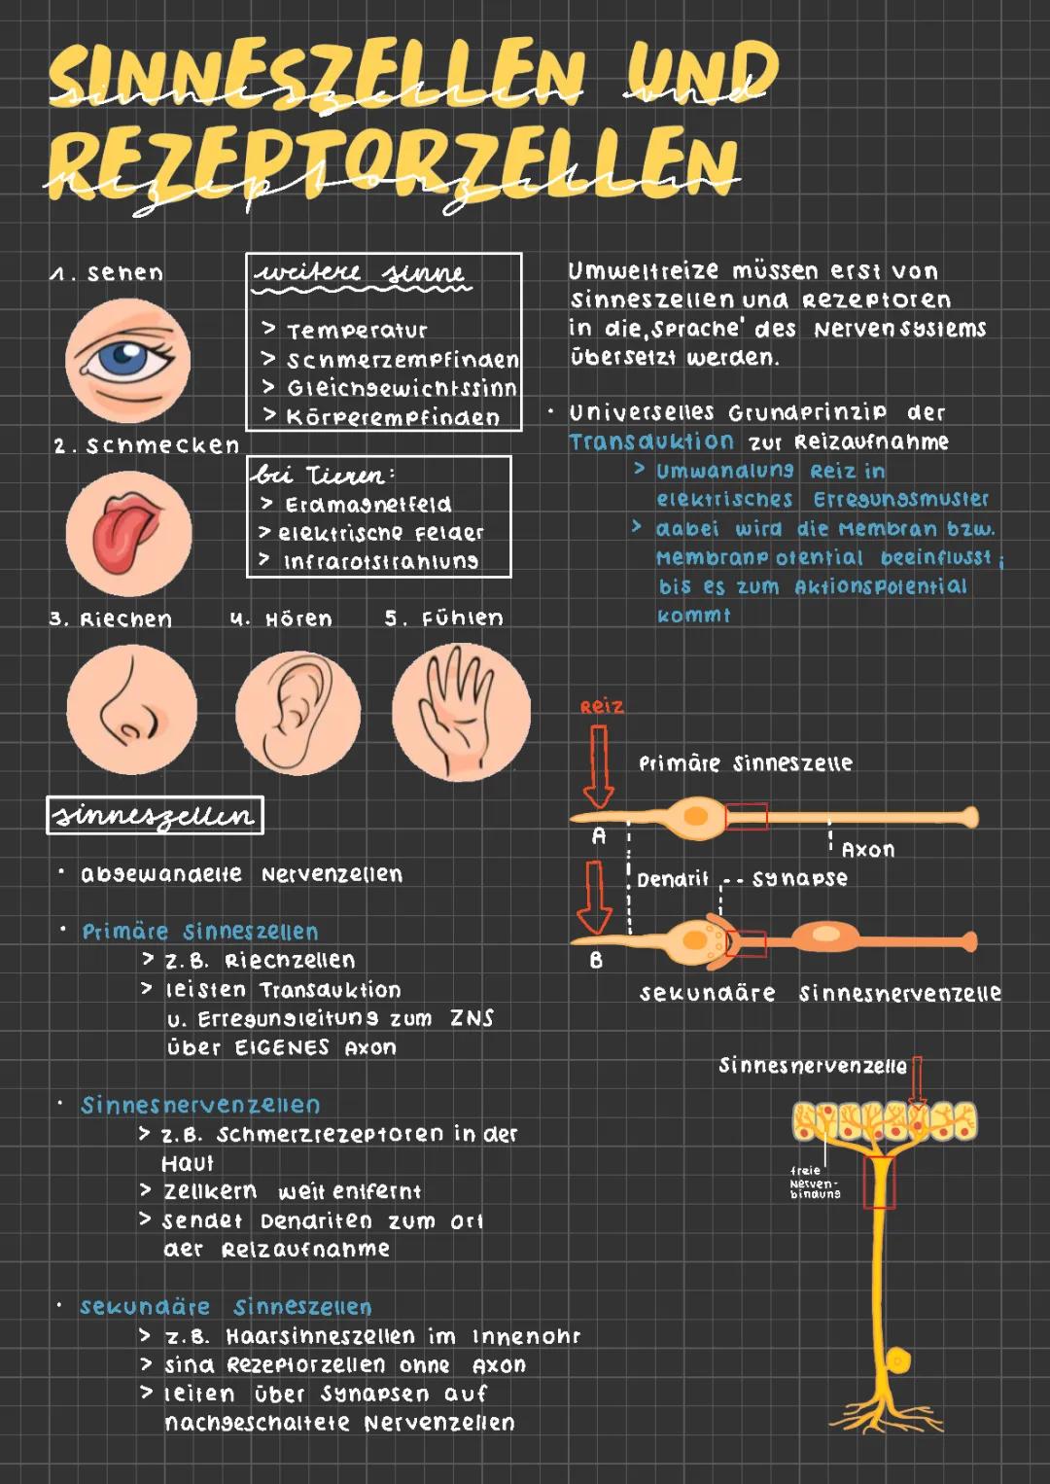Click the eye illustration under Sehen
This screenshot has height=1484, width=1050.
pyautogui.click(x=128, y=361)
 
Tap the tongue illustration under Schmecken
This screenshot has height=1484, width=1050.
pyautogui.click(x=128, y=533)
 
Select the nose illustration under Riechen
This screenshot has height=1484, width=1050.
pyautogui.click(x=132, y=710)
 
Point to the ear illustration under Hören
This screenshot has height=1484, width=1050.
pyautogui.click(x=298, y=712)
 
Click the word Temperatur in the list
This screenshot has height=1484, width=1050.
pyautogui.click(x=357, y=331)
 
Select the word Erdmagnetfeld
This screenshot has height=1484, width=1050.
pyautogui.click(x=368, y=505)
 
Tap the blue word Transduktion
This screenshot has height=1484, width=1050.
pyautogui.click(x=651, y=442)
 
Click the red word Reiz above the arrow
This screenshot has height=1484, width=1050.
pyautogui.click(x=602, y=707)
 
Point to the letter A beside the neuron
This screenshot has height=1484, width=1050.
pyautogui.click(x=599, y=836)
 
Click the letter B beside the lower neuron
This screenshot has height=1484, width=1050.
pyautogui.click(x=596, y=961)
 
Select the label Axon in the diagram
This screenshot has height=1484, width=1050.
pyautogui.click(x=868, y=849)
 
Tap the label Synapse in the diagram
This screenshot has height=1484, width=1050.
pyautogui.click(x=799, y=879)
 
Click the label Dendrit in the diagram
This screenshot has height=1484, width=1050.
pyautogui.click(x=673, y=880)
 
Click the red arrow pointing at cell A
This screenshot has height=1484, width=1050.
pyautogui.click(x=598, y=766)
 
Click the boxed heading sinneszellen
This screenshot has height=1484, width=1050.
pyautogui.click(x=155, y=816)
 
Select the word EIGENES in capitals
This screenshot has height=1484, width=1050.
pyautogui.click(x=282, y=1047)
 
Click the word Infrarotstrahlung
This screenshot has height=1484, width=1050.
pyautogui.click(x=381, y=562)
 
